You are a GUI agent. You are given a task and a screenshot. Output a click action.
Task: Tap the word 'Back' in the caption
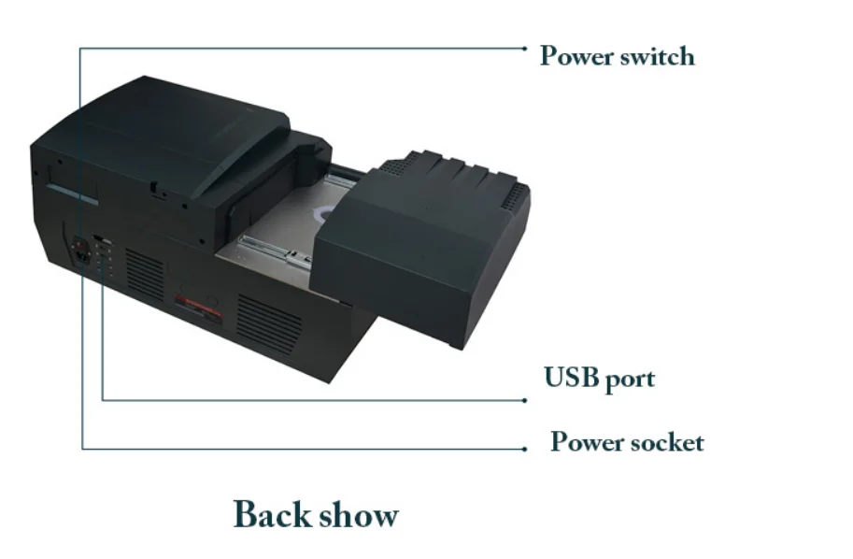pos(271,514)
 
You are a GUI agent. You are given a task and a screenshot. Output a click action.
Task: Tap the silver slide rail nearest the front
pos(271,250)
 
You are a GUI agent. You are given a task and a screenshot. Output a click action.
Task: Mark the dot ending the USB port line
pos(525,400)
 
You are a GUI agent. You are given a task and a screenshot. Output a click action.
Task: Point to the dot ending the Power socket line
pos(525,449)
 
